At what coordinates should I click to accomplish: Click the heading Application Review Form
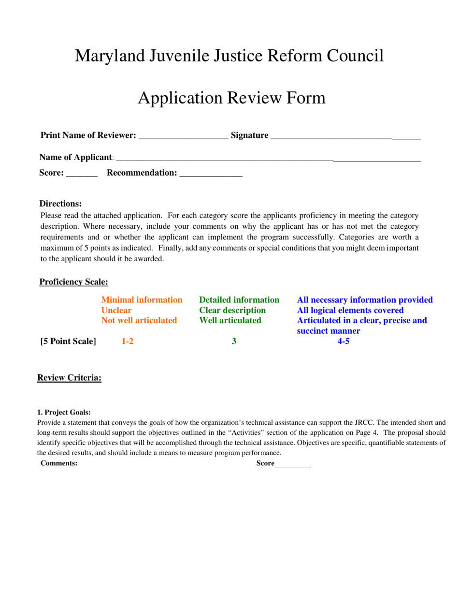click(231, 98)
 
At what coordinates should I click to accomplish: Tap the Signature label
click(249, 135)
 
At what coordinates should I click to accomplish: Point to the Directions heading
click(60, 204)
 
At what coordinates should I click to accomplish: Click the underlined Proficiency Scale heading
click(73, 282)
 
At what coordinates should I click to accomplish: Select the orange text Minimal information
click(142, 300)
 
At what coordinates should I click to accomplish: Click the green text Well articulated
click(230, 320)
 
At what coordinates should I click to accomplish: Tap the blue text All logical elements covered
click(350, 310)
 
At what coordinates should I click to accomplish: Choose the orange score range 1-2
click(127, 341)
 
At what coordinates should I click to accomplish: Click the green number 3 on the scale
click(234, 341)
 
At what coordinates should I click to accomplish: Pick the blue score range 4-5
click(343, 341)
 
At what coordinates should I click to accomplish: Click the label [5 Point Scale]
click(68, 341)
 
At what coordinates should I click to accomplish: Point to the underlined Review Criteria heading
click(69, 378)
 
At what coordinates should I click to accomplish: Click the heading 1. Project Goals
click(64, 413)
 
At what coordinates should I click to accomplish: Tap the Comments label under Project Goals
click(59, 463)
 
